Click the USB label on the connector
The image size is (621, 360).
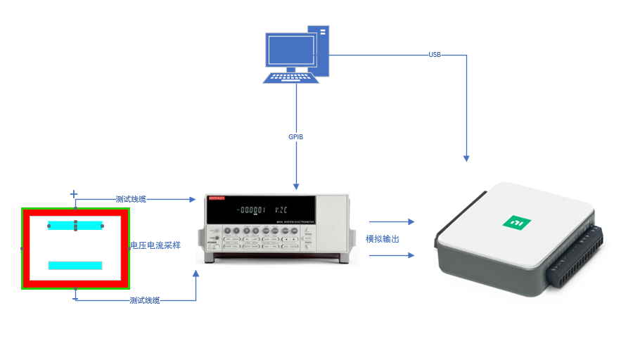[x=435, y=55]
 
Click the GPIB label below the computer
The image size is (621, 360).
[x=296, y=136]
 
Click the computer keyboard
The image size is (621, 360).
[x=290, y=76]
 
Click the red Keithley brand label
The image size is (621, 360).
[x=216, y=199]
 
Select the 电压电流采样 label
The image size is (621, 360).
[x=155, y=245]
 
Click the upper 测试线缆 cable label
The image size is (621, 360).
[x=131, y=200]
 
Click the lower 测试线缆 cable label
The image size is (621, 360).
[x=145, y=300]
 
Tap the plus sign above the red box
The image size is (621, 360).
[x=74, y=193]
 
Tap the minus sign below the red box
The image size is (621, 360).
[x=75, y=299]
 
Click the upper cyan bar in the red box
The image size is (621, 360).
[x=75, y=226]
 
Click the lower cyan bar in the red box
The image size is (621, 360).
[x=75, y=265]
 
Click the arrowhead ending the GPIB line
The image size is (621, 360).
[x=296, y=186]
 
